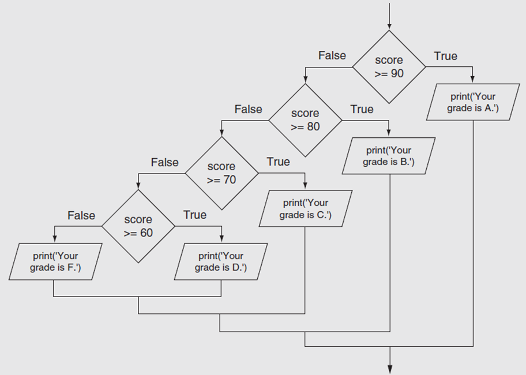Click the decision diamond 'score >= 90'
click(389, 67)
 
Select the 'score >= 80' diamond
click(305, 120)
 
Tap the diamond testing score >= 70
click(221, 173)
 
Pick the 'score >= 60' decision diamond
click(138, 226)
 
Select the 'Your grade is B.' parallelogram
click(389, 156)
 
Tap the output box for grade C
click(306, 209)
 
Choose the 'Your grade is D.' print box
click(221, 261)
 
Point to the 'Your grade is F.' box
click(55, 261)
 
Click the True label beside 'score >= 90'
click(445, 56)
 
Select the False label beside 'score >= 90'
click(332, 55)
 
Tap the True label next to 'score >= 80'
click(362, 109)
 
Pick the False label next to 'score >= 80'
click(249, 109)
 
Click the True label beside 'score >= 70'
click(278, 162)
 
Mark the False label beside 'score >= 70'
click(165, 162)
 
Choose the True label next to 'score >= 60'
click(194, 215)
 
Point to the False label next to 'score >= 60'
click(81, 215)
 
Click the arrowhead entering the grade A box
click(473, 80)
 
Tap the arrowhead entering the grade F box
click(55, 239)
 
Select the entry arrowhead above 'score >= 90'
click(389, 26)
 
